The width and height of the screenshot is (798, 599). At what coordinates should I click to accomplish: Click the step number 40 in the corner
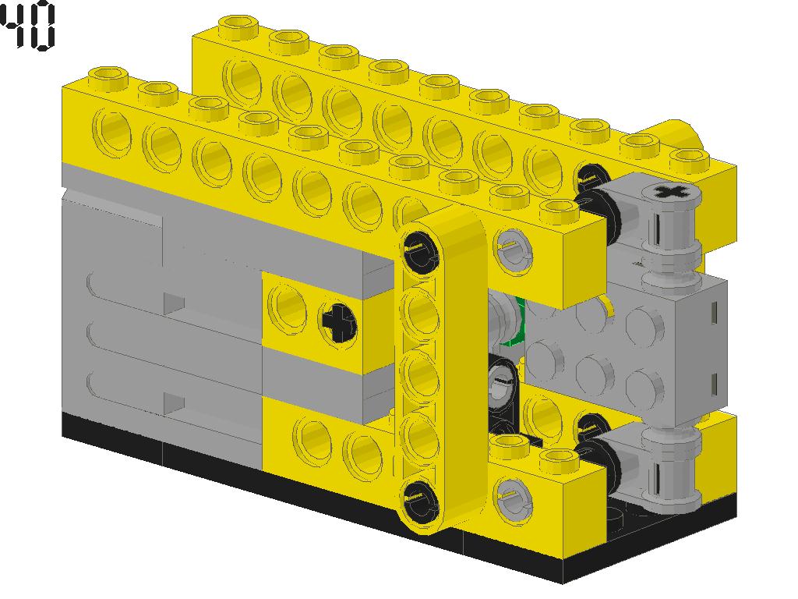[x=28, y=27]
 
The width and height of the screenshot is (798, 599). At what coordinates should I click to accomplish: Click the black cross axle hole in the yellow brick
[x=337, y=321]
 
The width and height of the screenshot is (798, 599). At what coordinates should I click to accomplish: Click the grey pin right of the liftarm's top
[x=510, y=246]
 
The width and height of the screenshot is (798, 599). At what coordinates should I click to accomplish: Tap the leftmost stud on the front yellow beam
[x=108, y=76]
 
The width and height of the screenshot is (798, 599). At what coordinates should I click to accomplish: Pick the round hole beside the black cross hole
[x=286, y=307]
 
